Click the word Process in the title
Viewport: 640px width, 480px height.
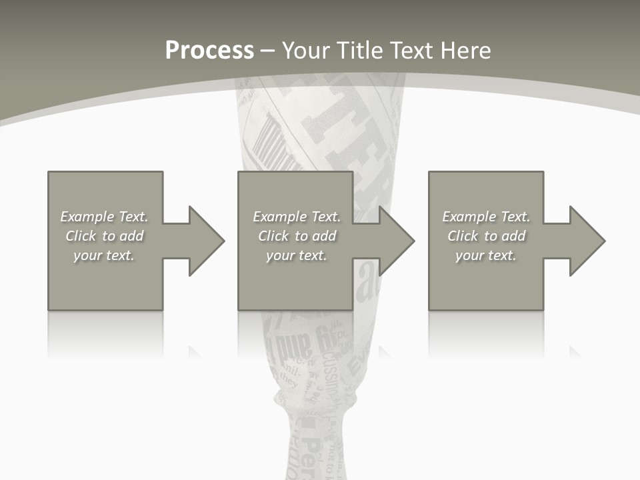coord(209,51)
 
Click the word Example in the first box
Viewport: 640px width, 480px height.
coord(87,217)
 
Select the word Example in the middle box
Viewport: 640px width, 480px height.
coord(279,217)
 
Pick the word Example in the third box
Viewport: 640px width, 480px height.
coord(469,217)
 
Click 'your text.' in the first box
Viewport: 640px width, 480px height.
coord(104,255)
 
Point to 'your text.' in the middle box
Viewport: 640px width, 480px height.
coord(297,255)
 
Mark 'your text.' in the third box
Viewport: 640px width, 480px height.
coord(486,255)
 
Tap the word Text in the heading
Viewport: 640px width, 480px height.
coord(410,51)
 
